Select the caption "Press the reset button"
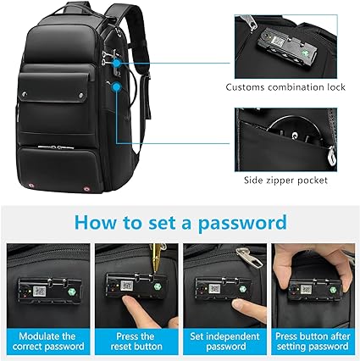[136, 342]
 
